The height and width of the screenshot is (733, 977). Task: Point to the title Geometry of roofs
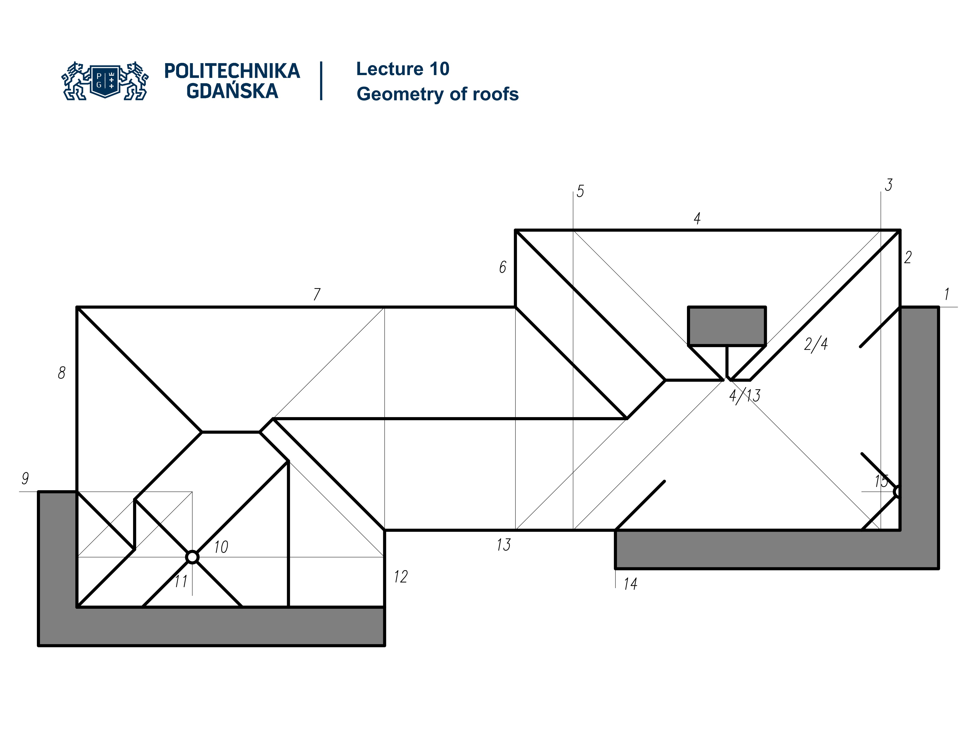pyautogui.click(x=437, y=94)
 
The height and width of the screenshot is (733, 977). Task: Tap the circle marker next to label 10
pyautogui.click(x=192, y=557)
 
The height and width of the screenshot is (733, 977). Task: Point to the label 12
pyautogui.click(x=401, y=576)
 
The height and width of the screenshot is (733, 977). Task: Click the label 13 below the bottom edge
pyautogui.click(x=504, y=545)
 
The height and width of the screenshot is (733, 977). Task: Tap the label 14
pyautogui.click(x=630, y=584)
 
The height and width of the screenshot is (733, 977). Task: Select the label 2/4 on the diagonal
pyautogui.click(x=816, y=344)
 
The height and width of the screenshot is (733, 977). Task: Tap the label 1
pyautogui.click(x=946, y=294)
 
